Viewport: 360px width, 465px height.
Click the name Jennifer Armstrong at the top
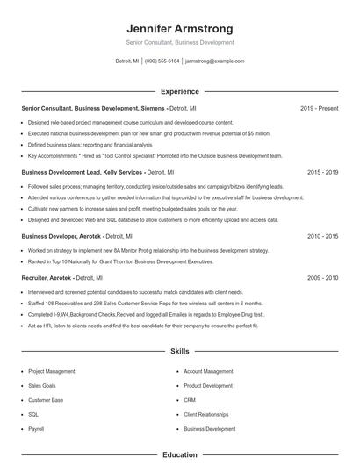coord(180,28)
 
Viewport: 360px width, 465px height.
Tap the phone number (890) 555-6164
coord(162,61)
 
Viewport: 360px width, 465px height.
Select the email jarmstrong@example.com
coord(215,61)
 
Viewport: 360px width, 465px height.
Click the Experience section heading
coord(180,91)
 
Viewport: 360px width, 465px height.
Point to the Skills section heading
coord(180,351)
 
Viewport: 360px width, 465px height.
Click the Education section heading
coord(180,455)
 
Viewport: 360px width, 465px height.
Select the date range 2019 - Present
coord(319,108)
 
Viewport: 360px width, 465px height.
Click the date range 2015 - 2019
coord(322,173)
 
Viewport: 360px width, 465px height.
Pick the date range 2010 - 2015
coord(322,236)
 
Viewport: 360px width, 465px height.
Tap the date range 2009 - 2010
coord(322,277)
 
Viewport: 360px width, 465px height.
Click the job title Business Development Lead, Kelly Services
coord(81,173)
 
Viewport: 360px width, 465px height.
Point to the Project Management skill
coord(52,371)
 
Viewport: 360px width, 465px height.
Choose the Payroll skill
coord(36,429)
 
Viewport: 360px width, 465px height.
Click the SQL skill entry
coord(33,414)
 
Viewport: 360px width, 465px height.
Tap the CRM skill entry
coord(189,400)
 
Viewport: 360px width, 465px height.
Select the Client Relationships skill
coord(206,414)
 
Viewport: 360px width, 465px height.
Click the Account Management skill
coord(208,371)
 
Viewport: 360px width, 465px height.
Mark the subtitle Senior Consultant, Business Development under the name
coord(180,42)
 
